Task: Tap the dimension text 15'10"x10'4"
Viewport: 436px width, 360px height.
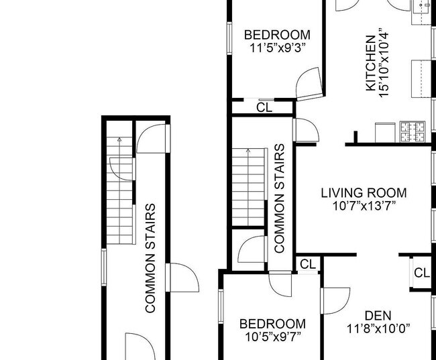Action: click(x=384, y=63)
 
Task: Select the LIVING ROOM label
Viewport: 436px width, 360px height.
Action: click(x=364, y=193)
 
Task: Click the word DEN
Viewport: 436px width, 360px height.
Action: click(x=378, y=315)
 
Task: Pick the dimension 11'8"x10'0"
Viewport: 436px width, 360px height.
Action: click(x=378, y=328)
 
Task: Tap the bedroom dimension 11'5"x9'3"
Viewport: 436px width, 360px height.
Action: click(x=277, y=48)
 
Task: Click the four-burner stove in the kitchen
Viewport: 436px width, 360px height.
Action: click(x=413, y=131)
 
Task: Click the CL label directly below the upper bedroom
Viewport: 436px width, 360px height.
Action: click(x=264, y=107)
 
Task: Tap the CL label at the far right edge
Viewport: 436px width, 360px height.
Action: click(x=421, y=272)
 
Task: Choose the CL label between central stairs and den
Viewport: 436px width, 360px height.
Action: click(x=307, y=265)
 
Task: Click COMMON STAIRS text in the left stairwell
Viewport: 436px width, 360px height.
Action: click(x=151, y=258)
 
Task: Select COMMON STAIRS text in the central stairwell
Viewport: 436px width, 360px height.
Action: click(x=280, y=198)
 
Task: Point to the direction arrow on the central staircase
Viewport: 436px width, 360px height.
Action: click(x=248, y=152)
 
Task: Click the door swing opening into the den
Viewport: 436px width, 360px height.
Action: click(x=335, y=300)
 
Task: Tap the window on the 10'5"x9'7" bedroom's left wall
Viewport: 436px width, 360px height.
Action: click(x=220, y=309)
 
